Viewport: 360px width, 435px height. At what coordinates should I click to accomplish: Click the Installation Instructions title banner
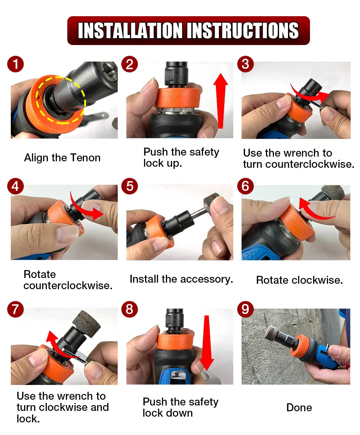pyautogui.click(x=188, y=31)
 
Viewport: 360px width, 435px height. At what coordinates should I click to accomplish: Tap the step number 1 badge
pyautogui.click(x=15, y=64)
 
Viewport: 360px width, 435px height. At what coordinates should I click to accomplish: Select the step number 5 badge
pyautogui.click(x=130, y=186)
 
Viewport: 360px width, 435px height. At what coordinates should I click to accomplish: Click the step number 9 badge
pyautogui.click(x=245, y=309)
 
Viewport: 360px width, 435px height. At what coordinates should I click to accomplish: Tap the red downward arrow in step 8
pyautogui.click(x=207, y=342)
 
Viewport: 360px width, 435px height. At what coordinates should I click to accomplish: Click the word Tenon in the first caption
pyautogui.click(x=85, y=158)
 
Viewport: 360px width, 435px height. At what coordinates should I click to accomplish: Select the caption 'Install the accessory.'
pyautogui.click(x=181, y=279)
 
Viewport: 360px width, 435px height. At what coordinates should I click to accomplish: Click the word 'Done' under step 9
pyautogui.click(x=299, y=408)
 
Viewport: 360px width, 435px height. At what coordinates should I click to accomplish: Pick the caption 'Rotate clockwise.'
pyautogui.click(x=299, y=280)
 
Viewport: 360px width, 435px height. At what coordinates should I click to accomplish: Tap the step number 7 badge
pyautogui.click(x=15, y=309)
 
